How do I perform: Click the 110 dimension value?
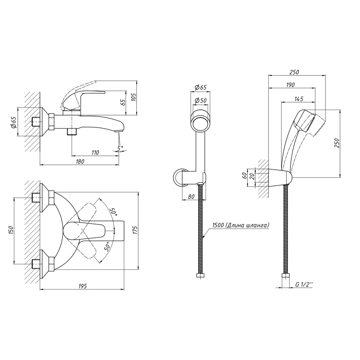point(95,152)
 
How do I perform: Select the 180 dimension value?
point(80,161)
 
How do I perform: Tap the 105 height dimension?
point(134,97)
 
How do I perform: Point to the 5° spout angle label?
point(120,148)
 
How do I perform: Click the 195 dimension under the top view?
point(83,286)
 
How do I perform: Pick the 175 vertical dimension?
point(135,230)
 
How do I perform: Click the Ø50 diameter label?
point(201,100)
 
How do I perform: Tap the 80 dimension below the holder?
point(191,197)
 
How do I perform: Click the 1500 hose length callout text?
point(240,225)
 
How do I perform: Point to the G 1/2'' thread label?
point(304,284)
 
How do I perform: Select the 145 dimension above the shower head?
point(299,99)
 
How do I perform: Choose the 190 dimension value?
point(291,85)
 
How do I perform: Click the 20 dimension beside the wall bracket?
point(252,176)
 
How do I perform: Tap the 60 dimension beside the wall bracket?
point(245,176)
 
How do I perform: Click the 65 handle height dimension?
point(123,102)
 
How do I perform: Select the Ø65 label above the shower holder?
point(201,87)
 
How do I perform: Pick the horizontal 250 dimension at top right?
point(294,72)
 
